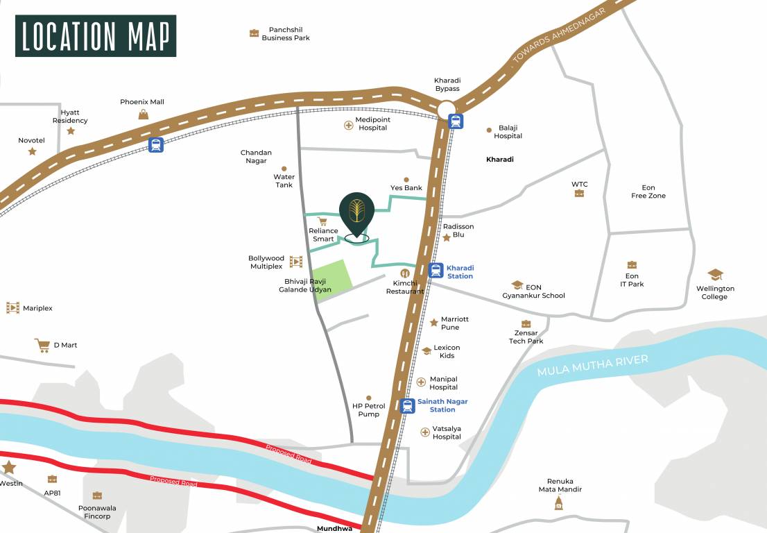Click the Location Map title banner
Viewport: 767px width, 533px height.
(x=96, y=36)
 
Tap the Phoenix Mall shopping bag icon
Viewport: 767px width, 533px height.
(x=143, y=115)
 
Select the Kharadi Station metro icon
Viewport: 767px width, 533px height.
(x=436, y=271)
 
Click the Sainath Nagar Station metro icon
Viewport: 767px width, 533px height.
(x=408, y=405)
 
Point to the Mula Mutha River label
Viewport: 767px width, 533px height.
(x=592, y=365)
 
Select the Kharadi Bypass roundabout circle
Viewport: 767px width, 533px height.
(x=446, y=109)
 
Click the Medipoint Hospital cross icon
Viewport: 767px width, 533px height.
(x=348, y=125)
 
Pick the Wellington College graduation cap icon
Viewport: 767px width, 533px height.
(x=715, y=276)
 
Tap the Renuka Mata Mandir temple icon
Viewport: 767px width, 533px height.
(x=559, y=503)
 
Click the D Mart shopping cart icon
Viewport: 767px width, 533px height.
(x=42, y=345)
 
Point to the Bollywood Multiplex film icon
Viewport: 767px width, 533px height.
(x=296, y=262)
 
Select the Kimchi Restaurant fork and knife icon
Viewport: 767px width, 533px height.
(x=405, y=273)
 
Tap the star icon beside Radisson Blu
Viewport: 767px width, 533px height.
(x=447, y=237)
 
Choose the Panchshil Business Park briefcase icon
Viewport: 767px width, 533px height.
(x=254, y=33)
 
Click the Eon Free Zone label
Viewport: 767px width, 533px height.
(x=648, y=192)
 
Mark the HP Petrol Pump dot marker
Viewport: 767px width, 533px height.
(x=368, y=398)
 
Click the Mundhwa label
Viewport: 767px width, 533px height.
(x=334, y=528)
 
